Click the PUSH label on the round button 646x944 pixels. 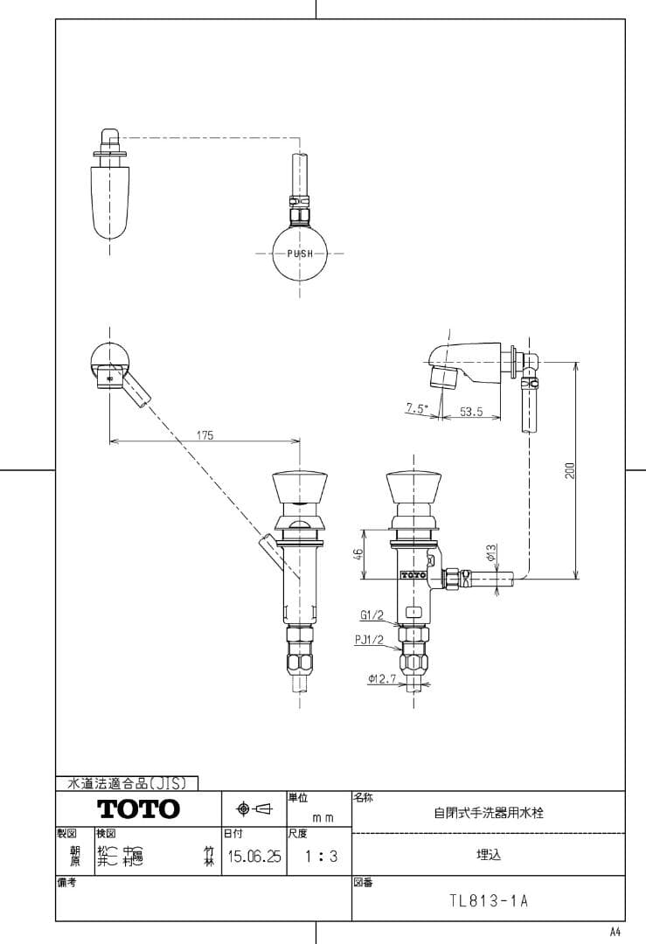click(300, 253)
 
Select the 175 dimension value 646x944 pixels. click(205, 434)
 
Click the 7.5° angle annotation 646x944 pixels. click(417, 408)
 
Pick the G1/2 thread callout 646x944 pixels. click(370, 615)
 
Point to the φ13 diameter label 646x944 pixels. click(491, 552)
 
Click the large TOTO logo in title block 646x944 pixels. click(138, 809)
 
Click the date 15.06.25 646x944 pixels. click(254, 857)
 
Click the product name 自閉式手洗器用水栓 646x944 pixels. click(489, 812)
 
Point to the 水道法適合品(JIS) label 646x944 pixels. click(127, 784)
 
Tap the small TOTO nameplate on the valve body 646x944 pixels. click(413, 575)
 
